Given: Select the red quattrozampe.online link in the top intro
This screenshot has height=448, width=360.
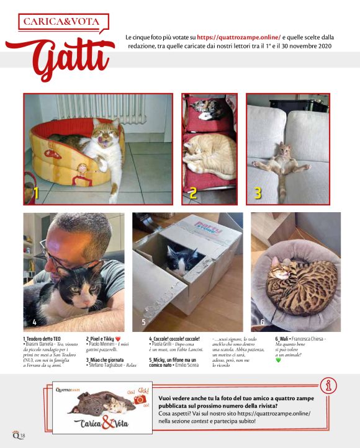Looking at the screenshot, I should coord(238,37).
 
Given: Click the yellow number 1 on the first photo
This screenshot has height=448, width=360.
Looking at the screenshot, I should coord(35,193).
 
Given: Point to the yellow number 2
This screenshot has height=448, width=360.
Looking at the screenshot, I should coord(193,193).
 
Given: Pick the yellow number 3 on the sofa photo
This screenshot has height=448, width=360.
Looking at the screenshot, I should coord(258,193).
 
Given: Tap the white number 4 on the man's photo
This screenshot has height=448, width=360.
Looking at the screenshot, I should coord(35,323).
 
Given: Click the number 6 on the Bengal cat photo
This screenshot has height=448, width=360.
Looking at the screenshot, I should coord(263,323).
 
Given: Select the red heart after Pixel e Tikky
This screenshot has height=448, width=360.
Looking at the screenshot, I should coord(126,339).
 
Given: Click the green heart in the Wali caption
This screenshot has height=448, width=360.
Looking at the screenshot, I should coord(279,361).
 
